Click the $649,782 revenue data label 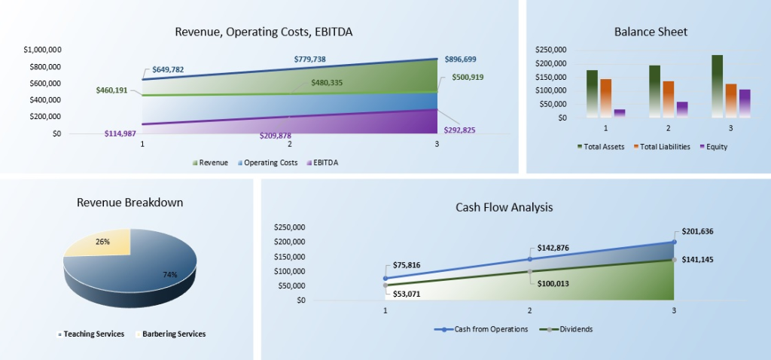pos(168,69)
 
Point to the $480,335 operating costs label pos(327,83)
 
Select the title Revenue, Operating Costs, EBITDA pos(264,32)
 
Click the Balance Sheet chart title pos(651,32)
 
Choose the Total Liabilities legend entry pos(663,147)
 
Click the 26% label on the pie pos(102,242)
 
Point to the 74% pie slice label pos(169,274)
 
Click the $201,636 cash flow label pos(700,232)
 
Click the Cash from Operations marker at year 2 pos(530,259)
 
